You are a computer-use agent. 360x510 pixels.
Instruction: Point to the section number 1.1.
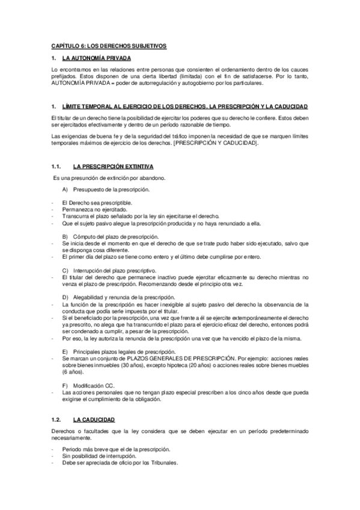56,166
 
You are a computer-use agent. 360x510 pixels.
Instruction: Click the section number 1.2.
56,419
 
